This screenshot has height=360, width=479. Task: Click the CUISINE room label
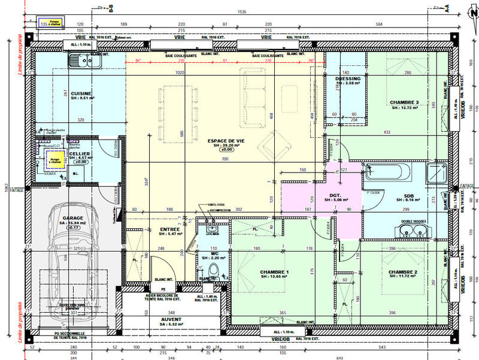pos(80,93)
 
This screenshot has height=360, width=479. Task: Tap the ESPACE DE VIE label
pos(224,141)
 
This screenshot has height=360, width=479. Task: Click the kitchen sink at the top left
pos(79,60)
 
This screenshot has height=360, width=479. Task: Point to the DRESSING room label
pos(348,78)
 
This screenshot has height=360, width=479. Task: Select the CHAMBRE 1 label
pos(274,273)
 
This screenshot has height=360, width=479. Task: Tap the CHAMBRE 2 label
pos(403,273)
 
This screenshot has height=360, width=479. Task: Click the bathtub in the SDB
pos(387,174)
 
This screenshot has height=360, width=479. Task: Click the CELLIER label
pos(80,153)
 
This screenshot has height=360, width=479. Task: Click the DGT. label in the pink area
pos(335,195)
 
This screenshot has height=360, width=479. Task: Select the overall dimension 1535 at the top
pos(242,11)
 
